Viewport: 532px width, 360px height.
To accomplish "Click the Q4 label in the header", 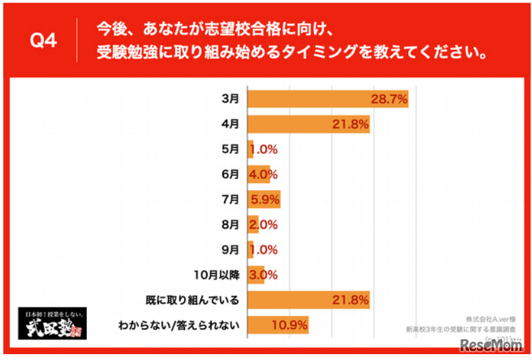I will pyautogui.click(x=44, y=41).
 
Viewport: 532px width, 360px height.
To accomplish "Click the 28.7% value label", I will pyautogui.click(x=389, y=99).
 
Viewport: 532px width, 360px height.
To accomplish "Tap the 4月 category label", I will pyautogui.click(x=230, y=124).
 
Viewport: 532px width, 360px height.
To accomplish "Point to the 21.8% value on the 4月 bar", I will pyautogui.click(x=351, y=124).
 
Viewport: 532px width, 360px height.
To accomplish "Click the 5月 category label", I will pyautogui.click(x=230, y=149).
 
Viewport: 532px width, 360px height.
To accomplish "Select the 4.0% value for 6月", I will pyautogui.click(x=264, y=174).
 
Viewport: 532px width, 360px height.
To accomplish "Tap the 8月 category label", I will pyautogui.click(x=230, y=224).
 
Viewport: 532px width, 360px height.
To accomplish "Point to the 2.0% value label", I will pyautogui.click(x=264, y=224).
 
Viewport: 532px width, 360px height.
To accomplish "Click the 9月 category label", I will pyautogui.click(x=230, y=250).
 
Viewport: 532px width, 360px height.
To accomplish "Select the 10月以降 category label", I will pyautogui.click(x=219, y=275).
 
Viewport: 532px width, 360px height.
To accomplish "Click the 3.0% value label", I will pyautogui.click(x=264, y=275).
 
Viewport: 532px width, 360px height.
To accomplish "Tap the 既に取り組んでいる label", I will pyautogui.click(x=193, y=300).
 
